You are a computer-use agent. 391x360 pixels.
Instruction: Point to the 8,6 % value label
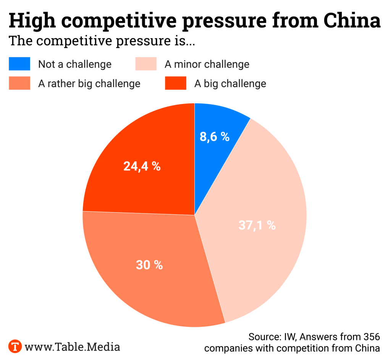[x=215, y=137]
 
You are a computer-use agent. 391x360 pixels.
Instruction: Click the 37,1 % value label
[x=257, y=225]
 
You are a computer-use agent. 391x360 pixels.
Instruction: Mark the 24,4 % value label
[x=142, y=166]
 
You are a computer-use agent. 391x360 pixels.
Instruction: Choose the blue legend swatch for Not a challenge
[x=19, y=64]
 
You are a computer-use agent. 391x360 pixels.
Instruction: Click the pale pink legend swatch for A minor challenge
[x=146, y=64]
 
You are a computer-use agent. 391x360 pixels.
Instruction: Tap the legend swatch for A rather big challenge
[x=19, y=83]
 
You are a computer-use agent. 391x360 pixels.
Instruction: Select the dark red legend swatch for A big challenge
[x=176, y=83]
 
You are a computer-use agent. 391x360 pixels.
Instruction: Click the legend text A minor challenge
[x=207, y=64]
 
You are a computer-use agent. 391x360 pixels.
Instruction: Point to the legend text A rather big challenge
[x=89, y=83]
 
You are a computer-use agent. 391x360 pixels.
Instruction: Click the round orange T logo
[x=15, y=347]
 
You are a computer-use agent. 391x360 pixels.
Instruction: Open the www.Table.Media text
[x=72, y=347]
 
